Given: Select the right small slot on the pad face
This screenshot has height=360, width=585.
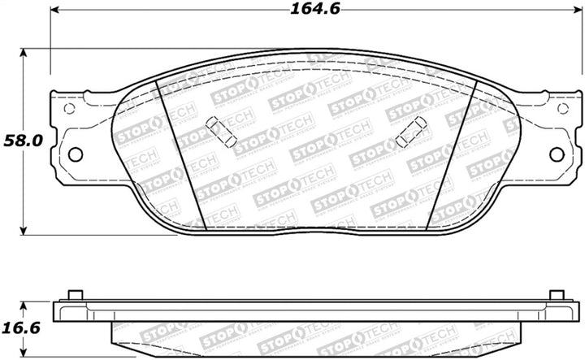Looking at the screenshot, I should click(x=414, y=128).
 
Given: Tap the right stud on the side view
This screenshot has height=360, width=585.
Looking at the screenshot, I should click(x=555, y=295).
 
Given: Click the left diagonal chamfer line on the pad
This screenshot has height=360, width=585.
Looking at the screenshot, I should click(x=178, y=154).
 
